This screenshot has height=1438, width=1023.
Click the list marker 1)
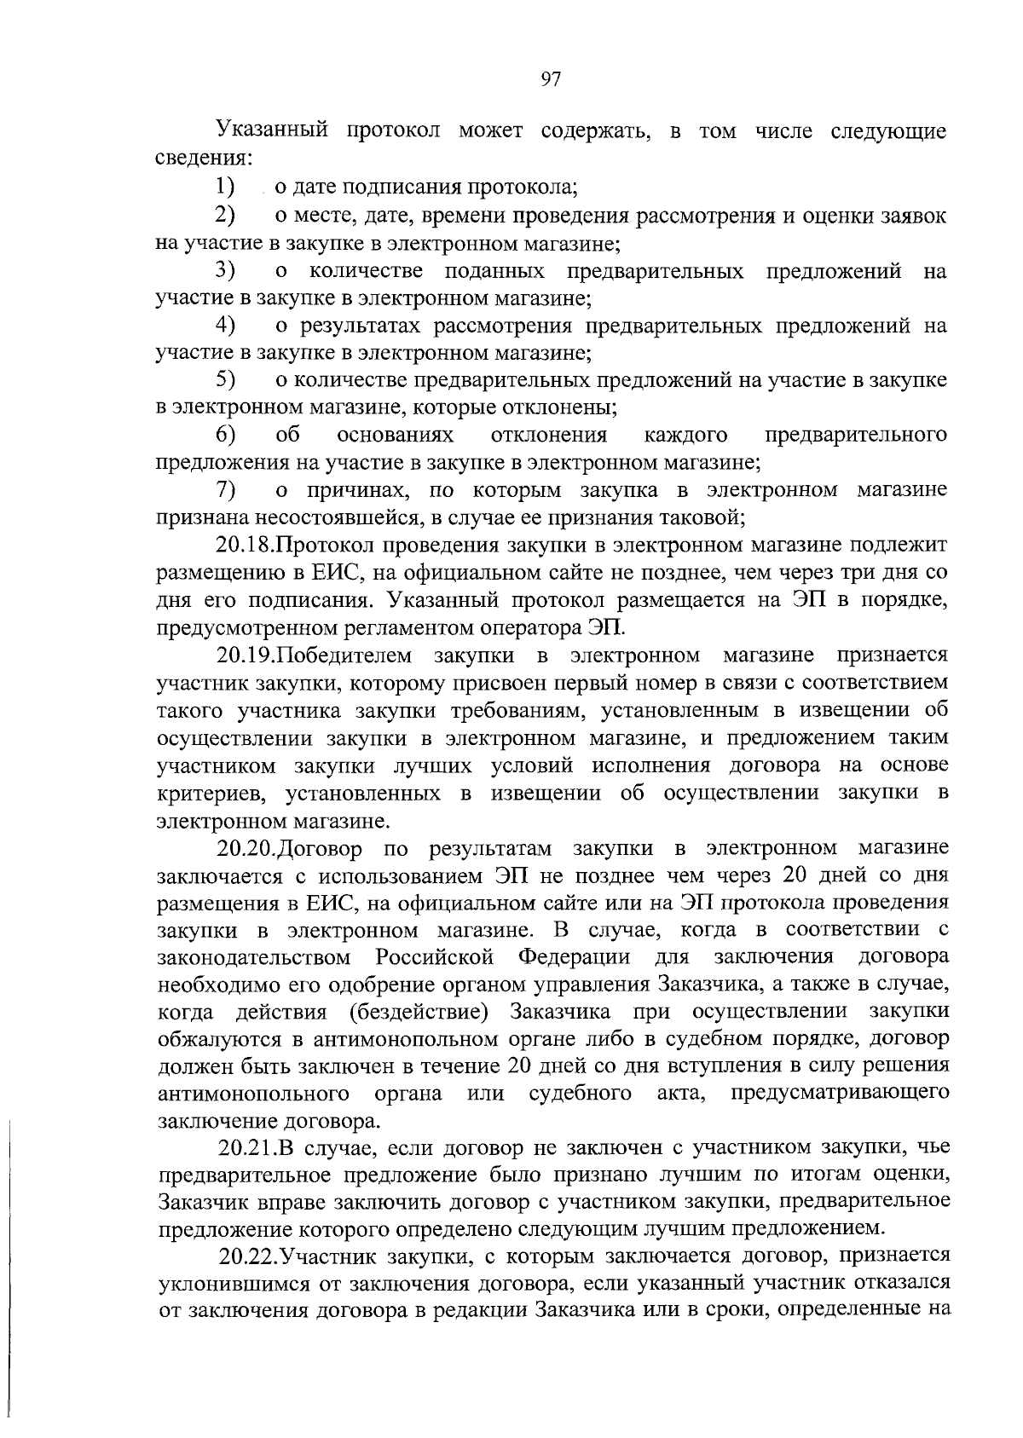[x=225, y=187]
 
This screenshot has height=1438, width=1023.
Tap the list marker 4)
[x=226, y=325]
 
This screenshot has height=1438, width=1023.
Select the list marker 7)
[x=226, y=490]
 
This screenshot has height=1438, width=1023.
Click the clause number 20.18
[x=246, y=546]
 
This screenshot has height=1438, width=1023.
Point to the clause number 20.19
[x=247, y=655]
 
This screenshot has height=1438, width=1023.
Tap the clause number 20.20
[x=247, y=849]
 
